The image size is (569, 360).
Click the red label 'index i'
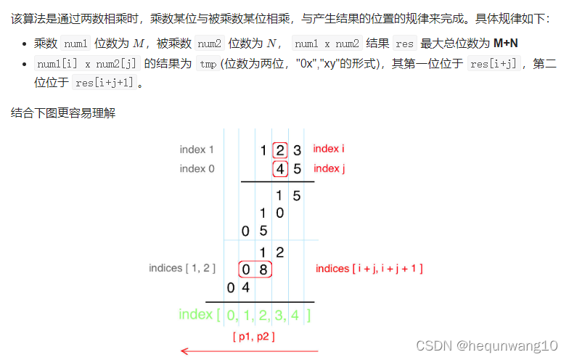pos(328,149)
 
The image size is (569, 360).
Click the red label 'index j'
pos(328,168)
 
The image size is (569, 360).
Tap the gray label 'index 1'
pos(197,150)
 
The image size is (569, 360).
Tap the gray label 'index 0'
pos(197,168)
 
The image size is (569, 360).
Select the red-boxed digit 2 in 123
pos(280,150)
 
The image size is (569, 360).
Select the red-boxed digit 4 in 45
pos(280,169)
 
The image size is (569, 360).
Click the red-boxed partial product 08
pos(255,269)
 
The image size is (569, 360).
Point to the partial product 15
pos(288,195)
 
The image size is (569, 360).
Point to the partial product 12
pos(271,252)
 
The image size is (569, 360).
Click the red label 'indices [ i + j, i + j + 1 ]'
pos(369,269)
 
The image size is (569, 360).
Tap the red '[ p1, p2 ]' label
pos(253,336)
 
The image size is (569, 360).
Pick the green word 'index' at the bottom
pos(195,314)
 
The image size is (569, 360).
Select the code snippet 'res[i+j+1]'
pos(104,83)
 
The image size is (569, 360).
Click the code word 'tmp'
pos(207,64)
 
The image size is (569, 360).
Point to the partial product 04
pos(239,287)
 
